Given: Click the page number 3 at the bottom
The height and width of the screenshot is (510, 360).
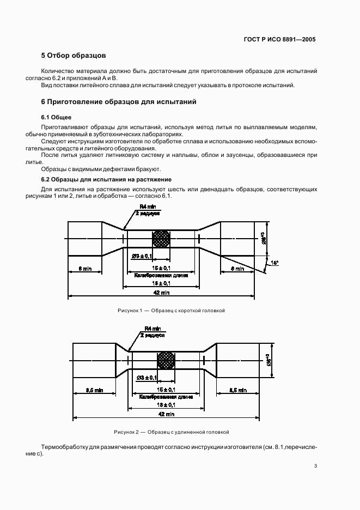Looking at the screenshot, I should click(315, 466).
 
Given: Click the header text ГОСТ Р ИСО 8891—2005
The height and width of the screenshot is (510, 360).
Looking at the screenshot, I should click(279, 40).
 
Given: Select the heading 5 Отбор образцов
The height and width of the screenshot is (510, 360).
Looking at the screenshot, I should click(74, 56).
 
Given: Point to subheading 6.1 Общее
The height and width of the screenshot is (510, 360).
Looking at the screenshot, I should click(56, 117).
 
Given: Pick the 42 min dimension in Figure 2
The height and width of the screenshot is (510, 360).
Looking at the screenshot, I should click(166, 415).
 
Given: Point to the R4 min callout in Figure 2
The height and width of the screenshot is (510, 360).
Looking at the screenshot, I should click(152, 329).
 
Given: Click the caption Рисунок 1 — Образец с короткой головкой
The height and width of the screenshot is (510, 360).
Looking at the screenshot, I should click(171, 311).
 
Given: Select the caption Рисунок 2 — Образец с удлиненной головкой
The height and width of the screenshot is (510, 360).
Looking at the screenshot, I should click(172, 432).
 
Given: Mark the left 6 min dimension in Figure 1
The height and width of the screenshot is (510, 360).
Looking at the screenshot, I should click(84, 269).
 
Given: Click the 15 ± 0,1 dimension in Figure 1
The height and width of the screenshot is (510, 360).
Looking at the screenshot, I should click(162, 269).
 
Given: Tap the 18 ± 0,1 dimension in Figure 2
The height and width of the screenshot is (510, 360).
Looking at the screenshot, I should click(166, 405).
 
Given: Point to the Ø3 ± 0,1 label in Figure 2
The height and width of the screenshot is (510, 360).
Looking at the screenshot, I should click(147, 378).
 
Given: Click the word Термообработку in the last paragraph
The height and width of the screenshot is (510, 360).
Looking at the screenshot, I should click(65, 447).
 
